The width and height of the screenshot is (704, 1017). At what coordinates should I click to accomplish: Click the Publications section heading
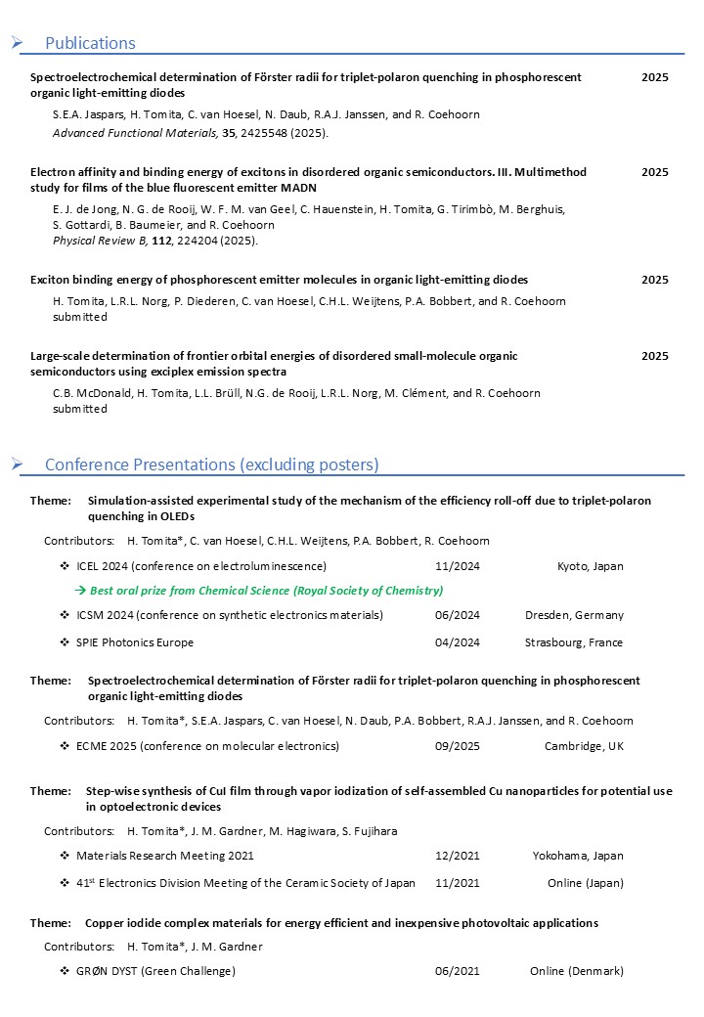pyautogui.click(x=90, y=43)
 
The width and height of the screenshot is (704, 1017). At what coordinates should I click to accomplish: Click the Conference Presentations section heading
pyautogui.click(x=211, y=464)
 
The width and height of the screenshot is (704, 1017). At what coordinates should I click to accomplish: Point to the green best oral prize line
pyautogui.click(x=266, y=591)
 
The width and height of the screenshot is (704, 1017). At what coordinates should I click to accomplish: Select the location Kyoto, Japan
pyautogui.click(x=590, y=566)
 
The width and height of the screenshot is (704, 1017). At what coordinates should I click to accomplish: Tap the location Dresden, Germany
pyautogui.click(x=574, y=615)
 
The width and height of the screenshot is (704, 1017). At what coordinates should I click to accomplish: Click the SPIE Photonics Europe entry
pyautogui.click(x=135, y=642)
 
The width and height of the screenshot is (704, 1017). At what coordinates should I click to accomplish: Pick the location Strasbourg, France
pyautogui.click(x=574, y=642)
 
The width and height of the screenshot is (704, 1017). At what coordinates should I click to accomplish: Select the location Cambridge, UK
pyautogui.click(x=584, y=746)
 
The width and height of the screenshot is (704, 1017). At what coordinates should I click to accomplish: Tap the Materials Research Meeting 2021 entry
pyautogui.click(x=165, y=856)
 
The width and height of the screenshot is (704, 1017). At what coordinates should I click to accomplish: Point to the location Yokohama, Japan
pyautogui.click(x=578, y=856)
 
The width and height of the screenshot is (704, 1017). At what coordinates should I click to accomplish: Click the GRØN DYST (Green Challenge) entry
pyautogui.click(x=155, y=971)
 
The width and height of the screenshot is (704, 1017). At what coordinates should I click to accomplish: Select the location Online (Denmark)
pyautogui.click(x=577, y=971)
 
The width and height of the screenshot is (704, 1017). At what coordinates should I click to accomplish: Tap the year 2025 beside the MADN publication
pyautogui.click(x=655, y=172)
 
